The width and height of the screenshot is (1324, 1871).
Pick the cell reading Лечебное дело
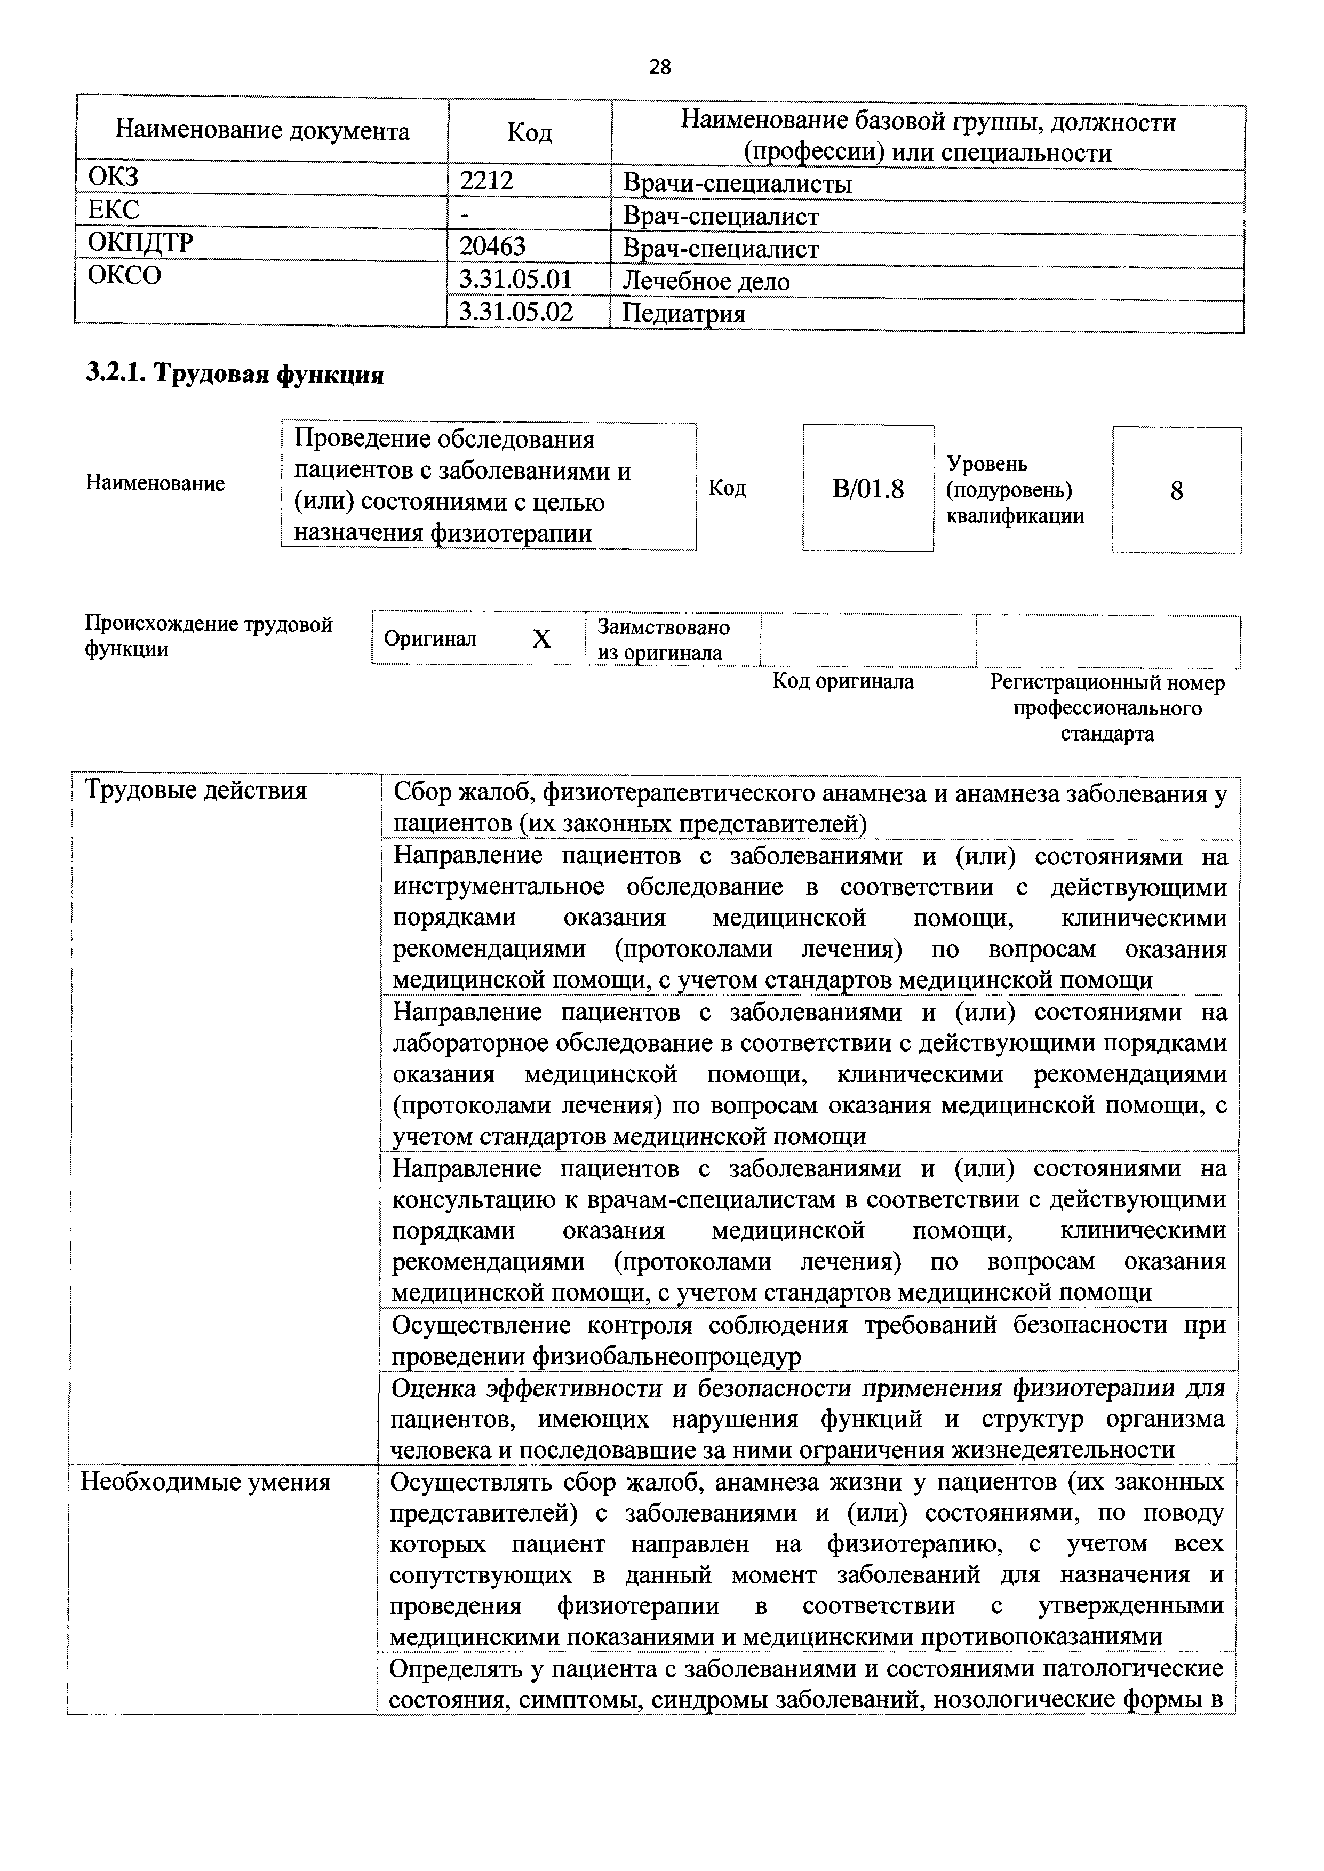(x=706, y=281)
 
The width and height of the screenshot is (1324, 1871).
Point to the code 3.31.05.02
(x=516, y=312)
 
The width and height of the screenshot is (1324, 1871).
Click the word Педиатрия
(x=683, y=314)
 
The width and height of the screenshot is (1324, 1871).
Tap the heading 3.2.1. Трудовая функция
(x=235, y=373)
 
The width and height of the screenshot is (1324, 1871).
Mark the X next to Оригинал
(x=541, y=640)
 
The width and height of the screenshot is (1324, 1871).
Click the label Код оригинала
(x=843, y=681)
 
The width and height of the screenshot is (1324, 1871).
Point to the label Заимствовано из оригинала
(x=663, y=640)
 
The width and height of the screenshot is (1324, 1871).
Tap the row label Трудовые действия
(x=196, y=790)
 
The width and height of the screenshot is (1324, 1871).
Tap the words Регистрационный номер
(x=1106, y=683)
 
